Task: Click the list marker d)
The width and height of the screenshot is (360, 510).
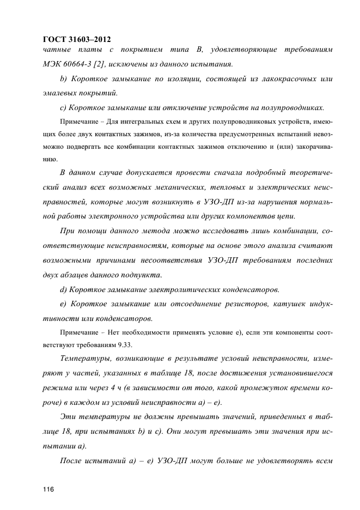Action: pyautogui.click(x=63, y=288)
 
